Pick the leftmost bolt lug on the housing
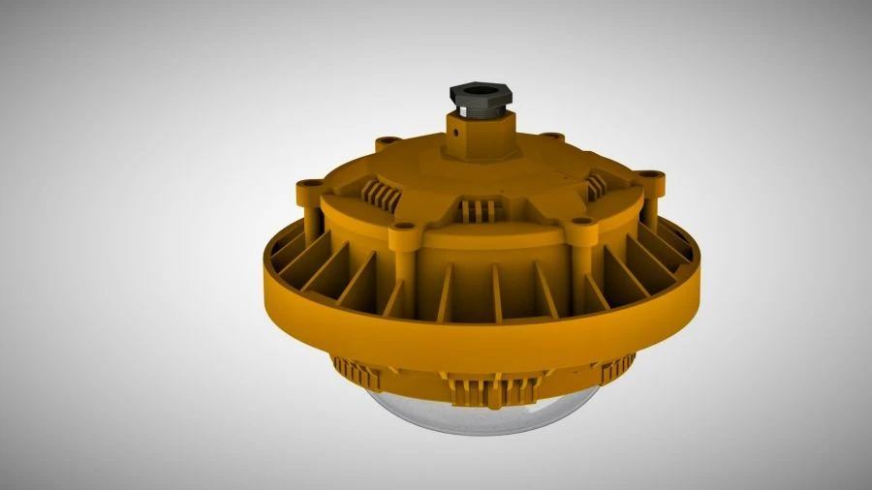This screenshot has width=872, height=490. click(x=310, y=184)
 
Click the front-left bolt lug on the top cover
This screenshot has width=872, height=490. click(x=404, y=229)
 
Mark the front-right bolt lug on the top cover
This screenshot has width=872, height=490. click(x=580, y=223)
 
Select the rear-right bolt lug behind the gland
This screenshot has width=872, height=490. click(x=550, y=138)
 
